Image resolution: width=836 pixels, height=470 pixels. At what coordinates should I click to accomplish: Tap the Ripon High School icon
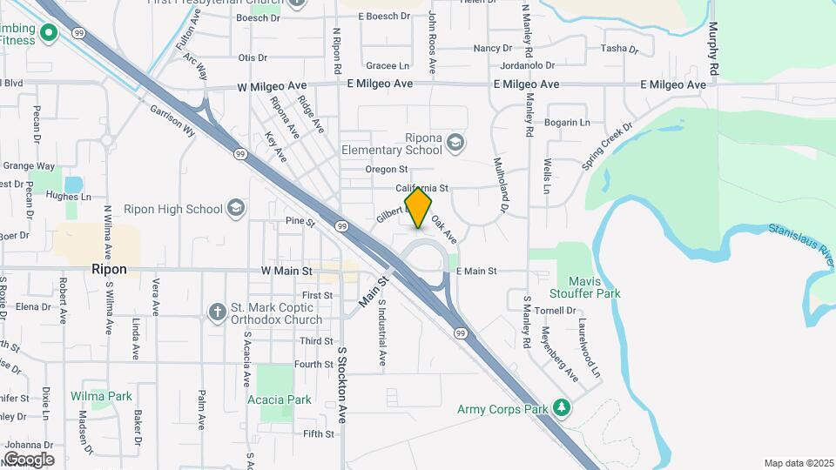tap(234, 208)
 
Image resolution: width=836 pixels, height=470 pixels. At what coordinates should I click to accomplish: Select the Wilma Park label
tap(101, 396)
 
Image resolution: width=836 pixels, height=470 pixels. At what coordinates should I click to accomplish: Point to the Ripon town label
tap(109, 270)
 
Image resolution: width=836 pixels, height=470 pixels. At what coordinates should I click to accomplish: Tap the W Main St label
tap(287, 272)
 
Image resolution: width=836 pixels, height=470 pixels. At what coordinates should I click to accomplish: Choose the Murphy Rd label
tap(713, 47)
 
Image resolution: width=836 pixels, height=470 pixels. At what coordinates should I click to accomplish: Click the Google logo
tap(29, 460)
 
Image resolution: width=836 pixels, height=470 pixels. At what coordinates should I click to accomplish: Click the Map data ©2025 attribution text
tap(797, 463)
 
